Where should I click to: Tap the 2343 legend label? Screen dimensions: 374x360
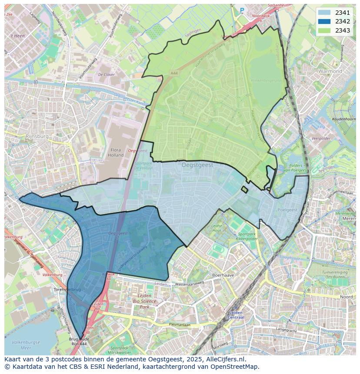(x=343, y=30)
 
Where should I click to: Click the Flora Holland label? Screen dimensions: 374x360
(x=116, y=152)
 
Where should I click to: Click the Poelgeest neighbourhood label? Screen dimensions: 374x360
(x=287, y=210)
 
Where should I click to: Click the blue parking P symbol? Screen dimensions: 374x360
(x=242, y=10)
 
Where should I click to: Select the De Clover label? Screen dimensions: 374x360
(x=106, y=75)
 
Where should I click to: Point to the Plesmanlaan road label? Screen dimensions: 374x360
(x=179, y=324)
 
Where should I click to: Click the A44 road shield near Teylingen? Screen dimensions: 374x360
(x=174, y=74)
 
